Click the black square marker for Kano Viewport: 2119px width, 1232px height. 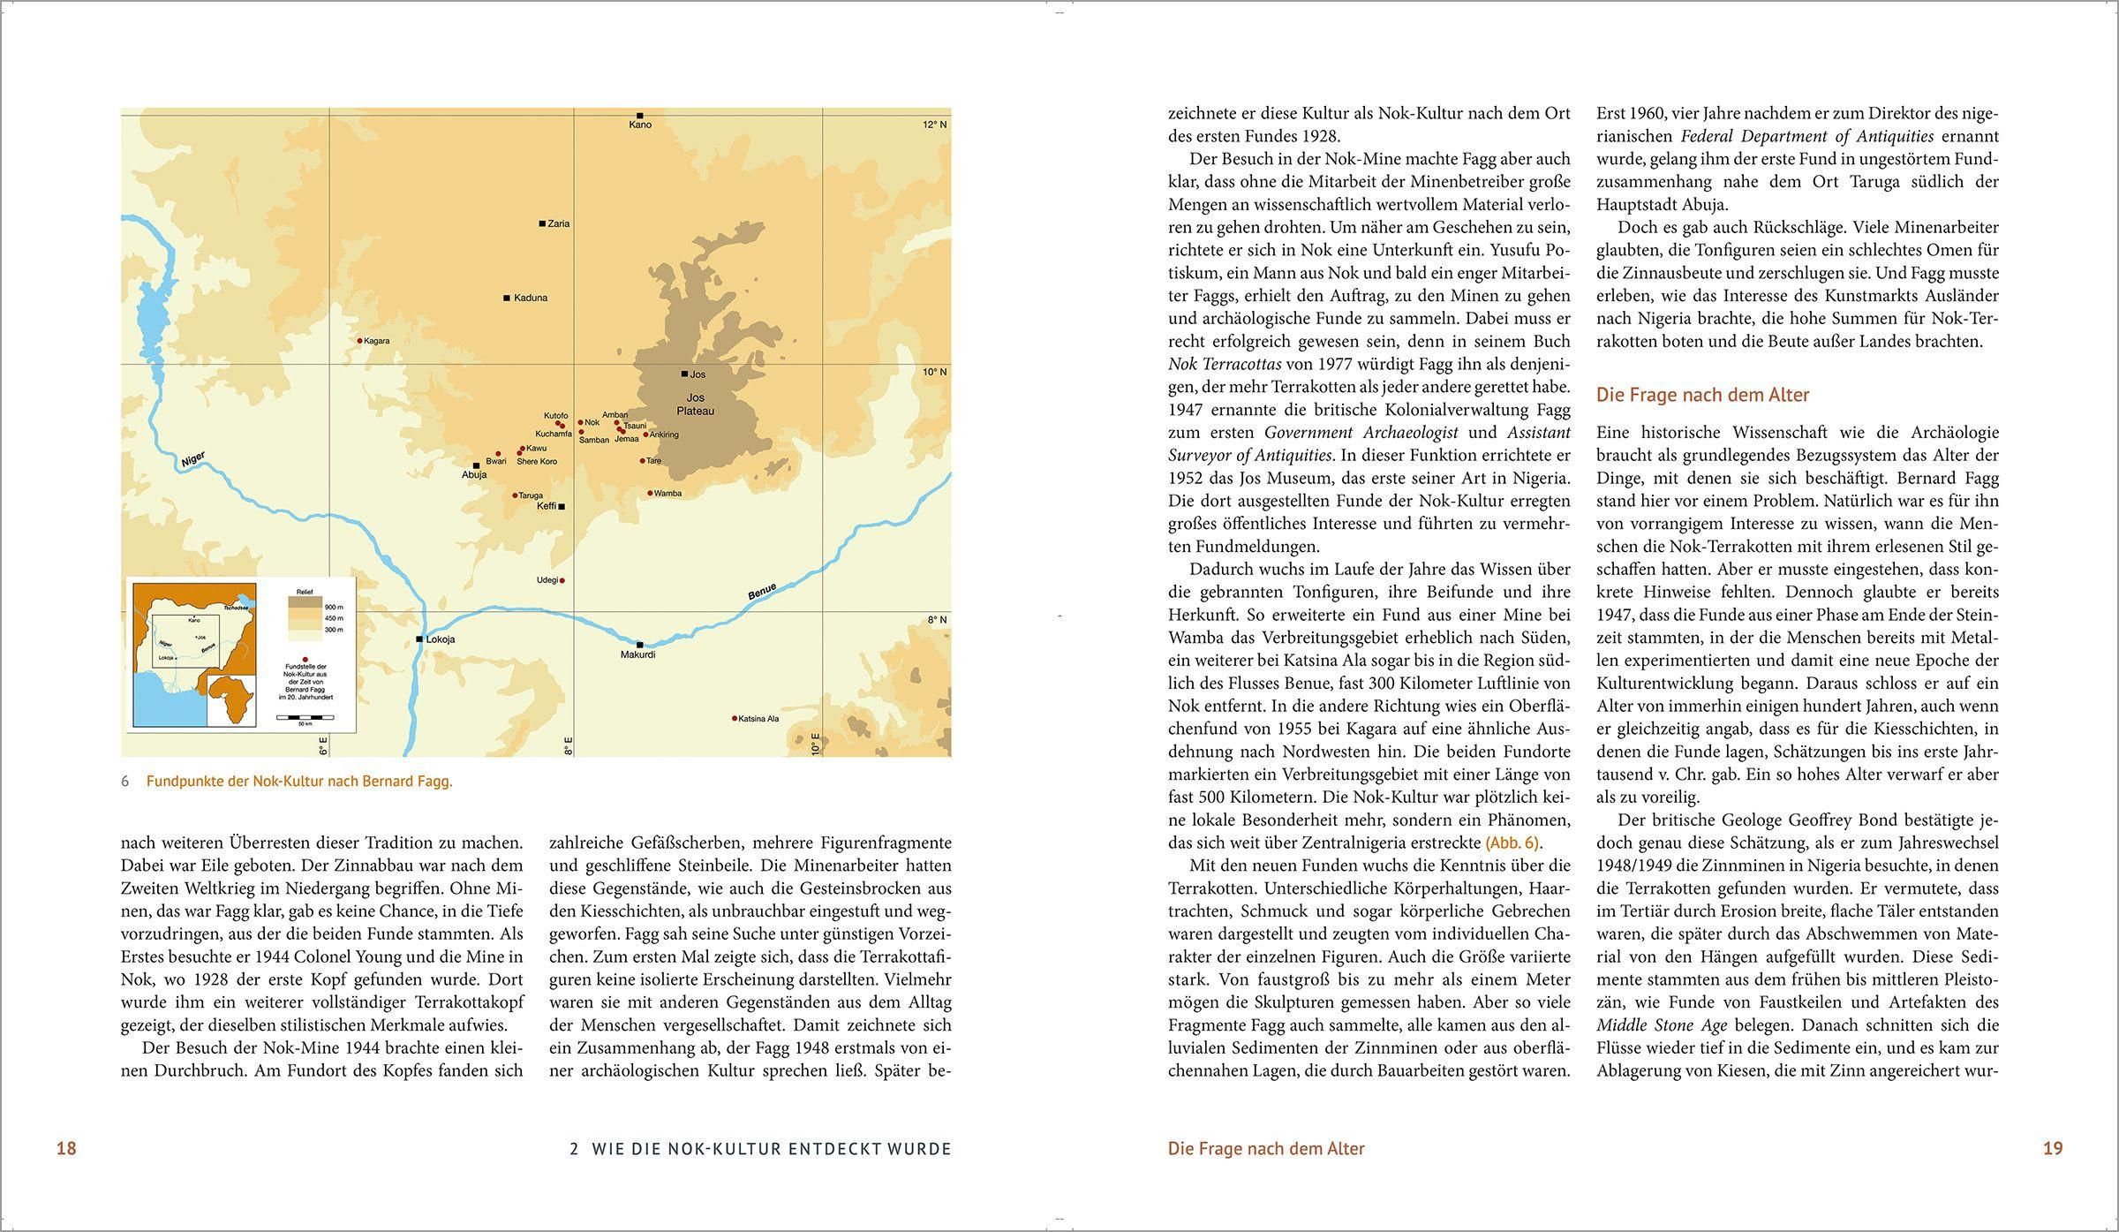[x=639, y=116]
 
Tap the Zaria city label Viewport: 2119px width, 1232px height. [x=559, y=224]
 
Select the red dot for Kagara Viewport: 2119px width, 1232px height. [x=359, y=340]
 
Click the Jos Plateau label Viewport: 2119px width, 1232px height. [x=695, y=404]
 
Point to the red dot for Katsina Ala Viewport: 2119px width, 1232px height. [x=734, y=718]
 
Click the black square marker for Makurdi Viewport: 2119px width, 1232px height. [x=639, y=645]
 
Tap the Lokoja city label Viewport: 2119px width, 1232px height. [x=441, y=639]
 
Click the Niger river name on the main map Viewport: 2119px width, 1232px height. [x=192, y=460]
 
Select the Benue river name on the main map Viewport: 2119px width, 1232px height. [x=762, y=592]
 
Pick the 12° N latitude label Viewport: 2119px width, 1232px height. [x=934, y=125]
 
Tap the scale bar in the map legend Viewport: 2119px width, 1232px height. [x=304, y=717]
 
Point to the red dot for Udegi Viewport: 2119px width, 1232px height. [x=562, y=580]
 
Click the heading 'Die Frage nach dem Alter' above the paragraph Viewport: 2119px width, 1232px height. [x=1702, y=395]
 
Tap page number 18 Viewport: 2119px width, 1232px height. [x=66, y=1148]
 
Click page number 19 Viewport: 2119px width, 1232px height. [x=2053, y=1148]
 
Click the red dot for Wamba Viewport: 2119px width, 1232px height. [x=650, y=493]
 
